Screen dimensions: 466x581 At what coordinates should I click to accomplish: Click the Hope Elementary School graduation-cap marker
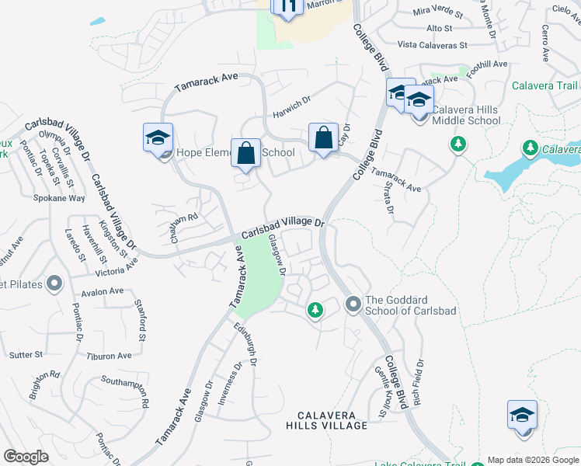pyautogui.click(x=158, y=138)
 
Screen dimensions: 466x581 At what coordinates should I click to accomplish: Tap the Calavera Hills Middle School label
pyautogui.click(x=466, y=115)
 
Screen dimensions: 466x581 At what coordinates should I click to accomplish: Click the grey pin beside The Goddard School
pyautogui.click(x=353, y=302)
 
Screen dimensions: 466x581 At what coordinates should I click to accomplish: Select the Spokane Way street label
pyautogui.click(x=59, y=198)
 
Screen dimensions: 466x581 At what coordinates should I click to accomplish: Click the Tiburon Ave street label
pyautogui.click(x=110, y=356)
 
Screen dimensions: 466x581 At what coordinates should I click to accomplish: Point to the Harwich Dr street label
pyautogui.click(x=291, y=111)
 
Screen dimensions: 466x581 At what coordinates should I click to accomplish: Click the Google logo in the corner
pyautogui.click(x=26, y=457)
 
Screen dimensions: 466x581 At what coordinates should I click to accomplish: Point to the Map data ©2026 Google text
pyautogui.click(x=532, y=460)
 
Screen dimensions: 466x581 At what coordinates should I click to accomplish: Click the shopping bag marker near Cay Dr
pyautogui.click(x=323, y=138)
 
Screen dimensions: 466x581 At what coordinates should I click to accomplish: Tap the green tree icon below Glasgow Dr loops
pyautogui.click(x=315, y=311)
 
